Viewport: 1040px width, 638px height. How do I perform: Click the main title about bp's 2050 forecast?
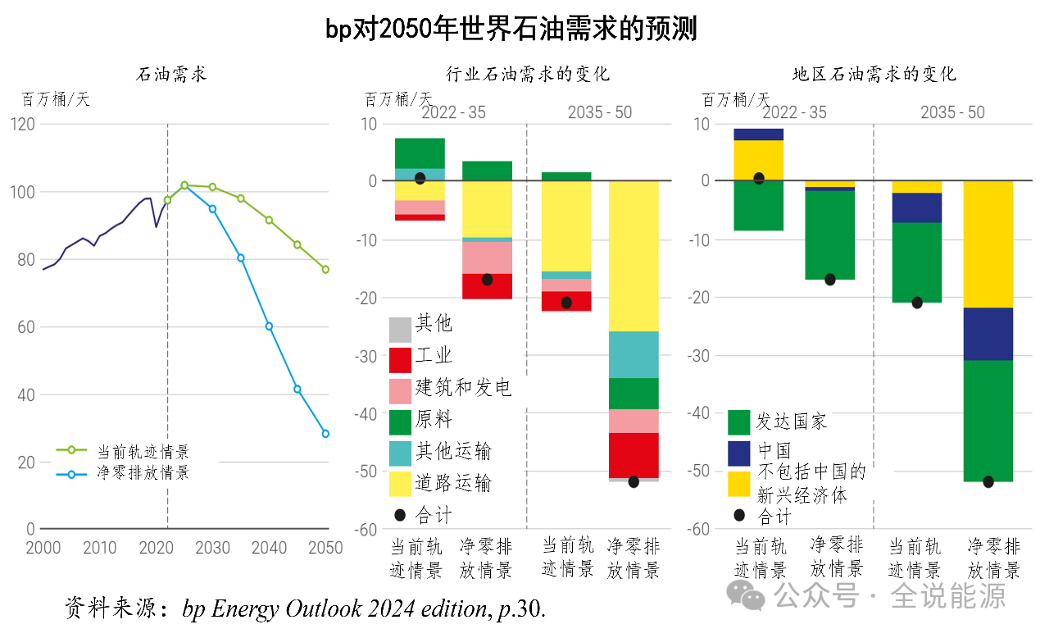coord(511,29)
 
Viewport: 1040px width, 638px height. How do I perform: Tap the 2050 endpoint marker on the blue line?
coord(325,434)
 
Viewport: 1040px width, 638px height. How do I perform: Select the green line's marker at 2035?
coord(241,198)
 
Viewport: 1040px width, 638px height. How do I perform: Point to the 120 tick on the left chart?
coord(23,124)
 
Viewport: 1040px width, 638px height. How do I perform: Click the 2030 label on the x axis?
coord(212,549)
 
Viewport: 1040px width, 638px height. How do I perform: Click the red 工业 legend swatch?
coord(399,360)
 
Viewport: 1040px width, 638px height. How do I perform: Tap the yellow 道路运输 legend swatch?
coord(399,484)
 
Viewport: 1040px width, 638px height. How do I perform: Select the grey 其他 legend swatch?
coord(399,329)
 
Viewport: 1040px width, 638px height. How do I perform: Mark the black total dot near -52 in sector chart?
coord(634,481)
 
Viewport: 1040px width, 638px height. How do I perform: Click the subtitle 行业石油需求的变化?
coord(528,75)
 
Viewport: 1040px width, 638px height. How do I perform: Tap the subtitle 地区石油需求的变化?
coord(874,75)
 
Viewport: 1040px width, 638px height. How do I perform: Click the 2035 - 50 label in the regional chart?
coord(952,113)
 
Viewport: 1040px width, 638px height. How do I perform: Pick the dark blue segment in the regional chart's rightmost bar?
coord(988,334)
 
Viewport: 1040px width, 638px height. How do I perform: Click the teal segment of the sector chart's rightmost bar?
coord(634,354)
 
